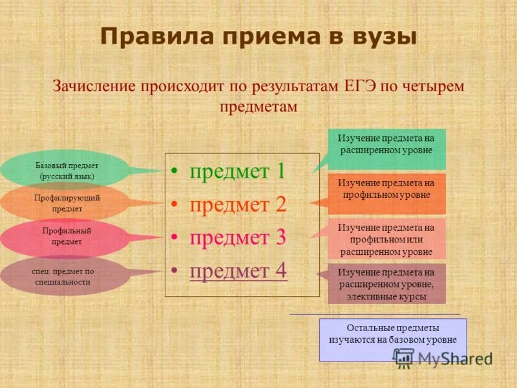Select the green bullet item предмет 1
pos(237,171)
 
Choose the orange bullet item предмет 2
pos(237,204)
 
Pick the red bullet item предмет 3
pos(237,237)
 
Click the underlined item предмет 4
pos(238,270)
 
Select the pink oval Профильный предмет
pos(65,237)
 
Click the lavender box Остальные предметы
pos(392,334)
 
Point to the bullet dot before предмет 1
pos(174,172)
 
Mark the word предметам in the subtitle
pos(258,107)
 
